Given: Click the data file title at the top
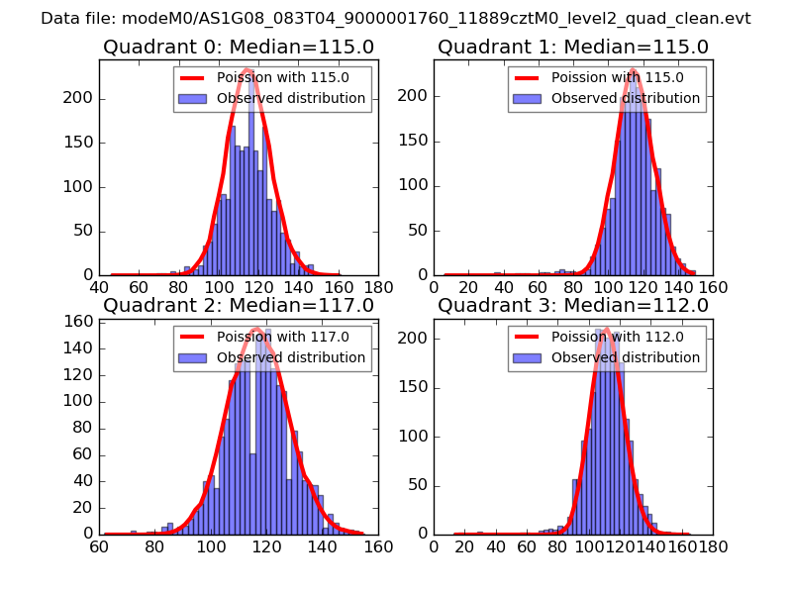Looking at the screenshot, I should [x=396, y=19].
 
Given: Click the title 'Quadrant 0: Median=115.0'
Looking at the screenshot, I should [x=238, y=48].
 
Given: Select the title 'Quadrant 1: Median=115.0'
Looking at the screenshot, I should [x=573, y=48].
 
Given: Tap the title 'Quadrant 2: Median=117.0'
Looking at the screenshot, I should [x=238, y=305].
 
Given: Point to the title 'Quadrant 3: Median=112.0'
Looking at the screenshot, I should [x=573, y=305].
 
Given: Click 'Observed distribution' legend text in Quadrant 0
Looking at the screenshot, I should [x=290, y=98].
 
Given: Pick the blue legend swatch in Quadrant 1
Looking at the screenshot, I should [x=527, y=98].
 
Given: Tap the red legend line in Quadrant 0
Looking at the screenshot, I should [x=192, y=77].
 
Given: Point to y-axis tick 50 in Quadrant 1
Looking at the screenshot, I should [x=420, y=231].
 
